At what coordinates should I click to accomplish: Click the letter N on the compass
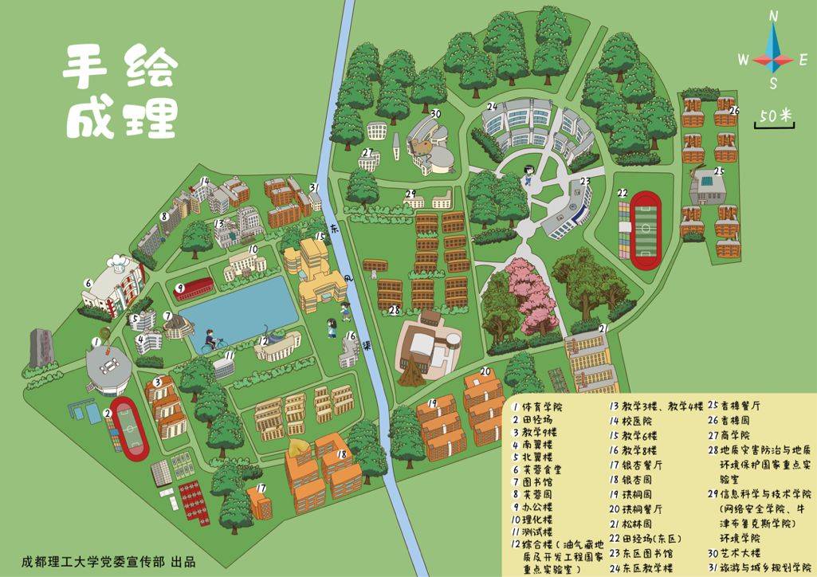pos(773,15)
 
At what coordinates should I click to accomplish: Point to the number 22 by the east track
pos(623,193)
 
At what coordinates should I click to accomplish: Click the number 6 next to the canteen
pos(89,283)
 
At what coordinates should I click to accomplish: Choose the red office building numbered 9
pos(194,285)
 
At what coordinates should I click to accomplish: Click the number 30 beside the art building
pos(434,113)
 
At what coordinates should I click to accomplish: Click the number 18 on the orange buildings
pos(341,454)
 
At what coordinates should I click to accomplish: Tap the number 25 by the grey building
pos(718,171)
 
